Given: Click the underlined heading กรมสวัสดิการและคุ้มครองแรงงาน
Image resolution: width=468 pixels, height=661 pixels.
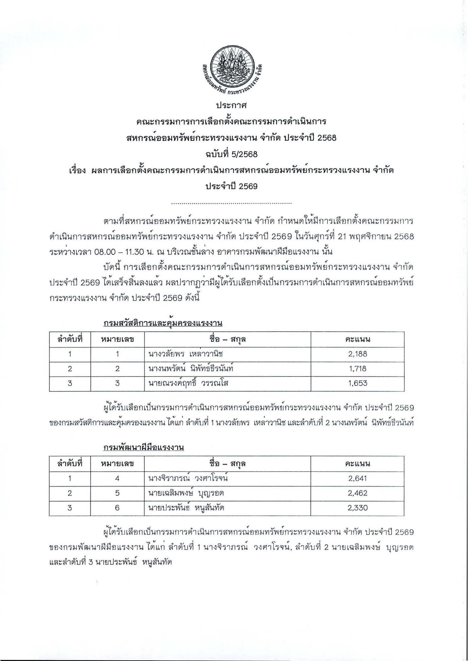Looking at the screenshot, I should [163, 324].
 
